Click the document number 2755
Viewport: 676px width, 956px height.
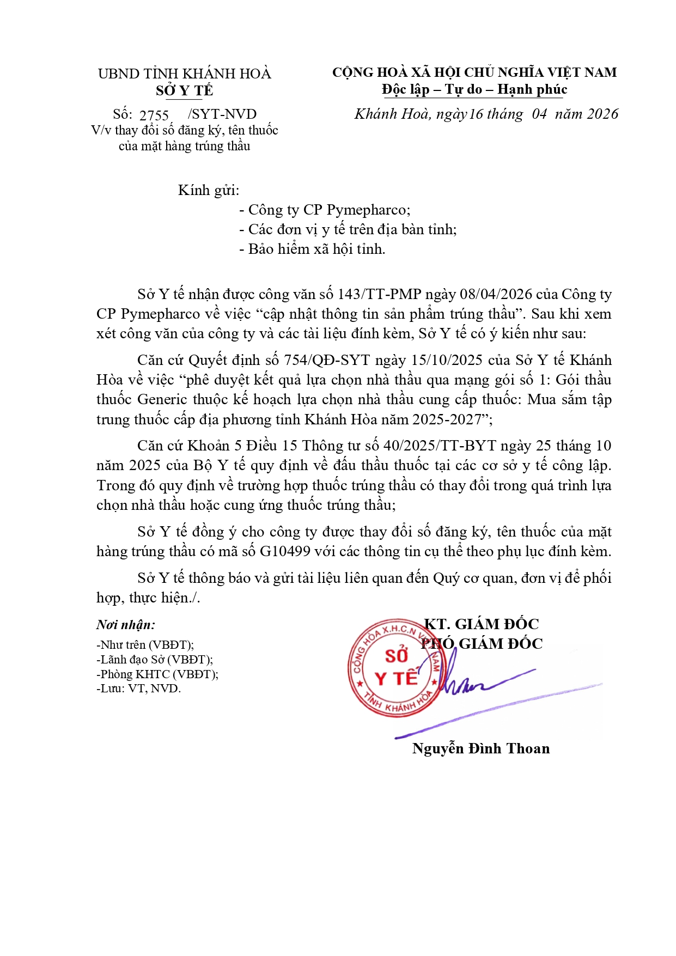[154, 115]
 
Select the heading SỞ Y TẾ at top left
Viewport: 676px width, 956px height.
[184, 90]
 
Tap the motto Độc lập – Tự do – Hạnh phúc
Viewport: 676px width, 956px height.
[474, 89]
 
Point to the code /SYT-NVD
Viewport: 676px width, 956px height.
[222, 114]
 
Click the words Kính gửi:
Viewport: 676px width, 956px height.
[209, 190]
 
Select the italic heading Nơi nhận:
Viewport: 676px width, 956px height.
[126, 625]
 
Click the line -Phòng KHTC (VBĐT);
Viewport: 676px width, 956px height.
[157, 674]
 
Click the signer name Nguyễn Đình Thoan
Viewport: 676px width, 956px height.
[480, 748]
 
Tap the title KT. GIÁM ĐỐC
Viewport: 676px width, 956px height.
[482, 624]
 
